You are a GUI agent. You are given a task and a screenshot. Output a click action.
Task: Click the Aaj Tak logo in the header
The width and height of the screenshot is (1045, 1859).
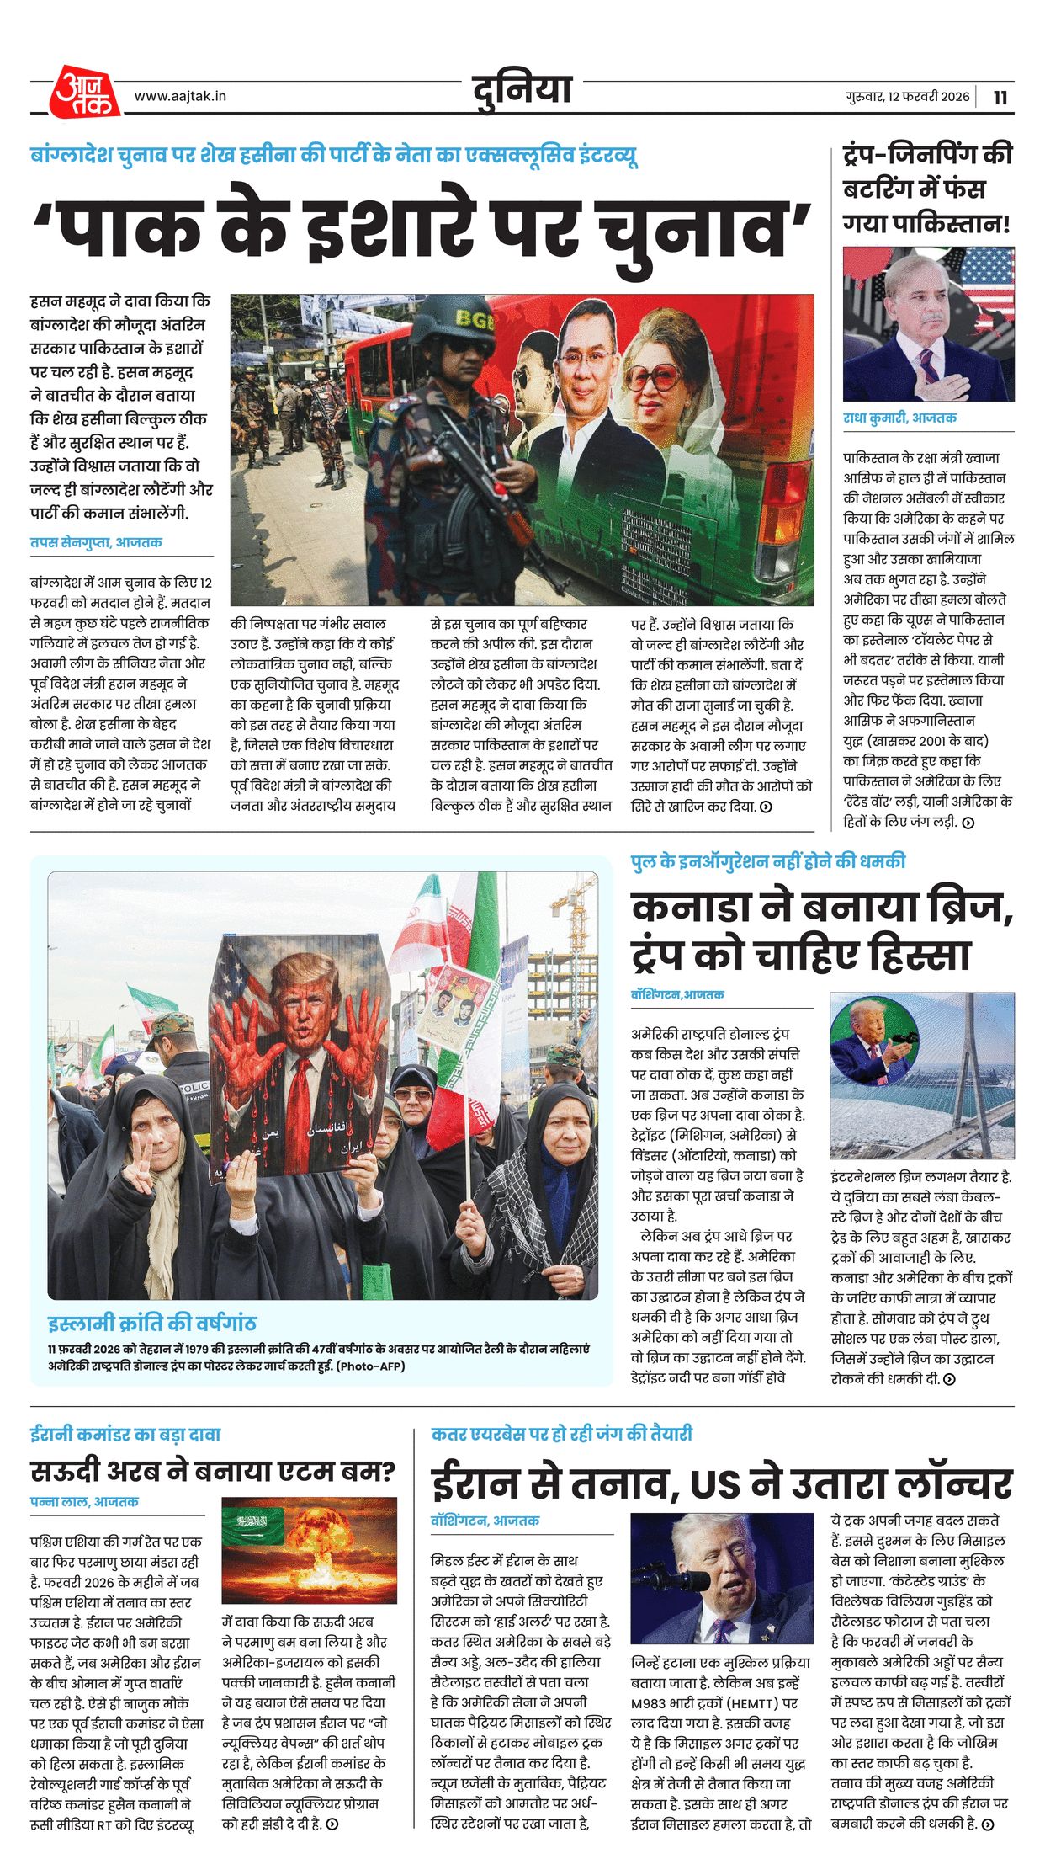coord(84,92)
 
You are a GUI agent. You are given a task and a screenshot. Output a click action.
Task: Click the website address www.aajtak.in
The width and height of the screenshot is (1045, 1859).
coord(180,96)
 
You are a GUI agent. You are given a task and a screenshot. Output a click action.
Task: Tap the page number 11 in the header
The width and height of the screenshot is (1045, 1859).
coord(1000,97)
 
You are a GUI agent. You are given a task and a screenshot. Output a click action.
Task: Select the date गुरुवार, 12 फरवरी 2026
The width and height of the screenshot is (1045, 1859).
coord(907,97)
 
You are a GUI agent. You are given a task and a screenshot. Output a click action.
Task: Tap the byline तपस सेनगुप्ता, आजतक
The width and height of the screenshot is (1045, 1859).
coord(96,542)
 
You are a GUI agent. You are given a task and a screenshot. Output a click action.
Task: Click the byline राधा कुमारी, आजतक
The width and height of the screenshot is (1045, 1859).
coord(899,418)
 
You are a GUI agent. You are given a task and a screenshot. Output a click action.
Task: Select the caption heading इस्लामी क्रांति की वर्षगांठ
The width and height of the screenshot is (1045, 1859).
coord(151,1322)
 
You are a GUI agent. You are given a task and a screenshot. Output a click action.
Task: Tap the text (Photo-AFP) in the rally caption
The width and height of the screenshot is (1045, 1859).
coord(370,1366)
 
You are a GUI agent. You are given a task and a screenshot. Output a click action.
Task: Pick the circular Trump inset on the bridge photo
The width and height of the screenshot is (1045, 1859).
coord(873,1044)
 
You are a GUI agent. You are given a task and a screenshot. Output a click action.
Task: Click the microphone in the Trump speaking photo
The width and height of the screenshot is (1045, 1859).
coord(673,1578)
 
